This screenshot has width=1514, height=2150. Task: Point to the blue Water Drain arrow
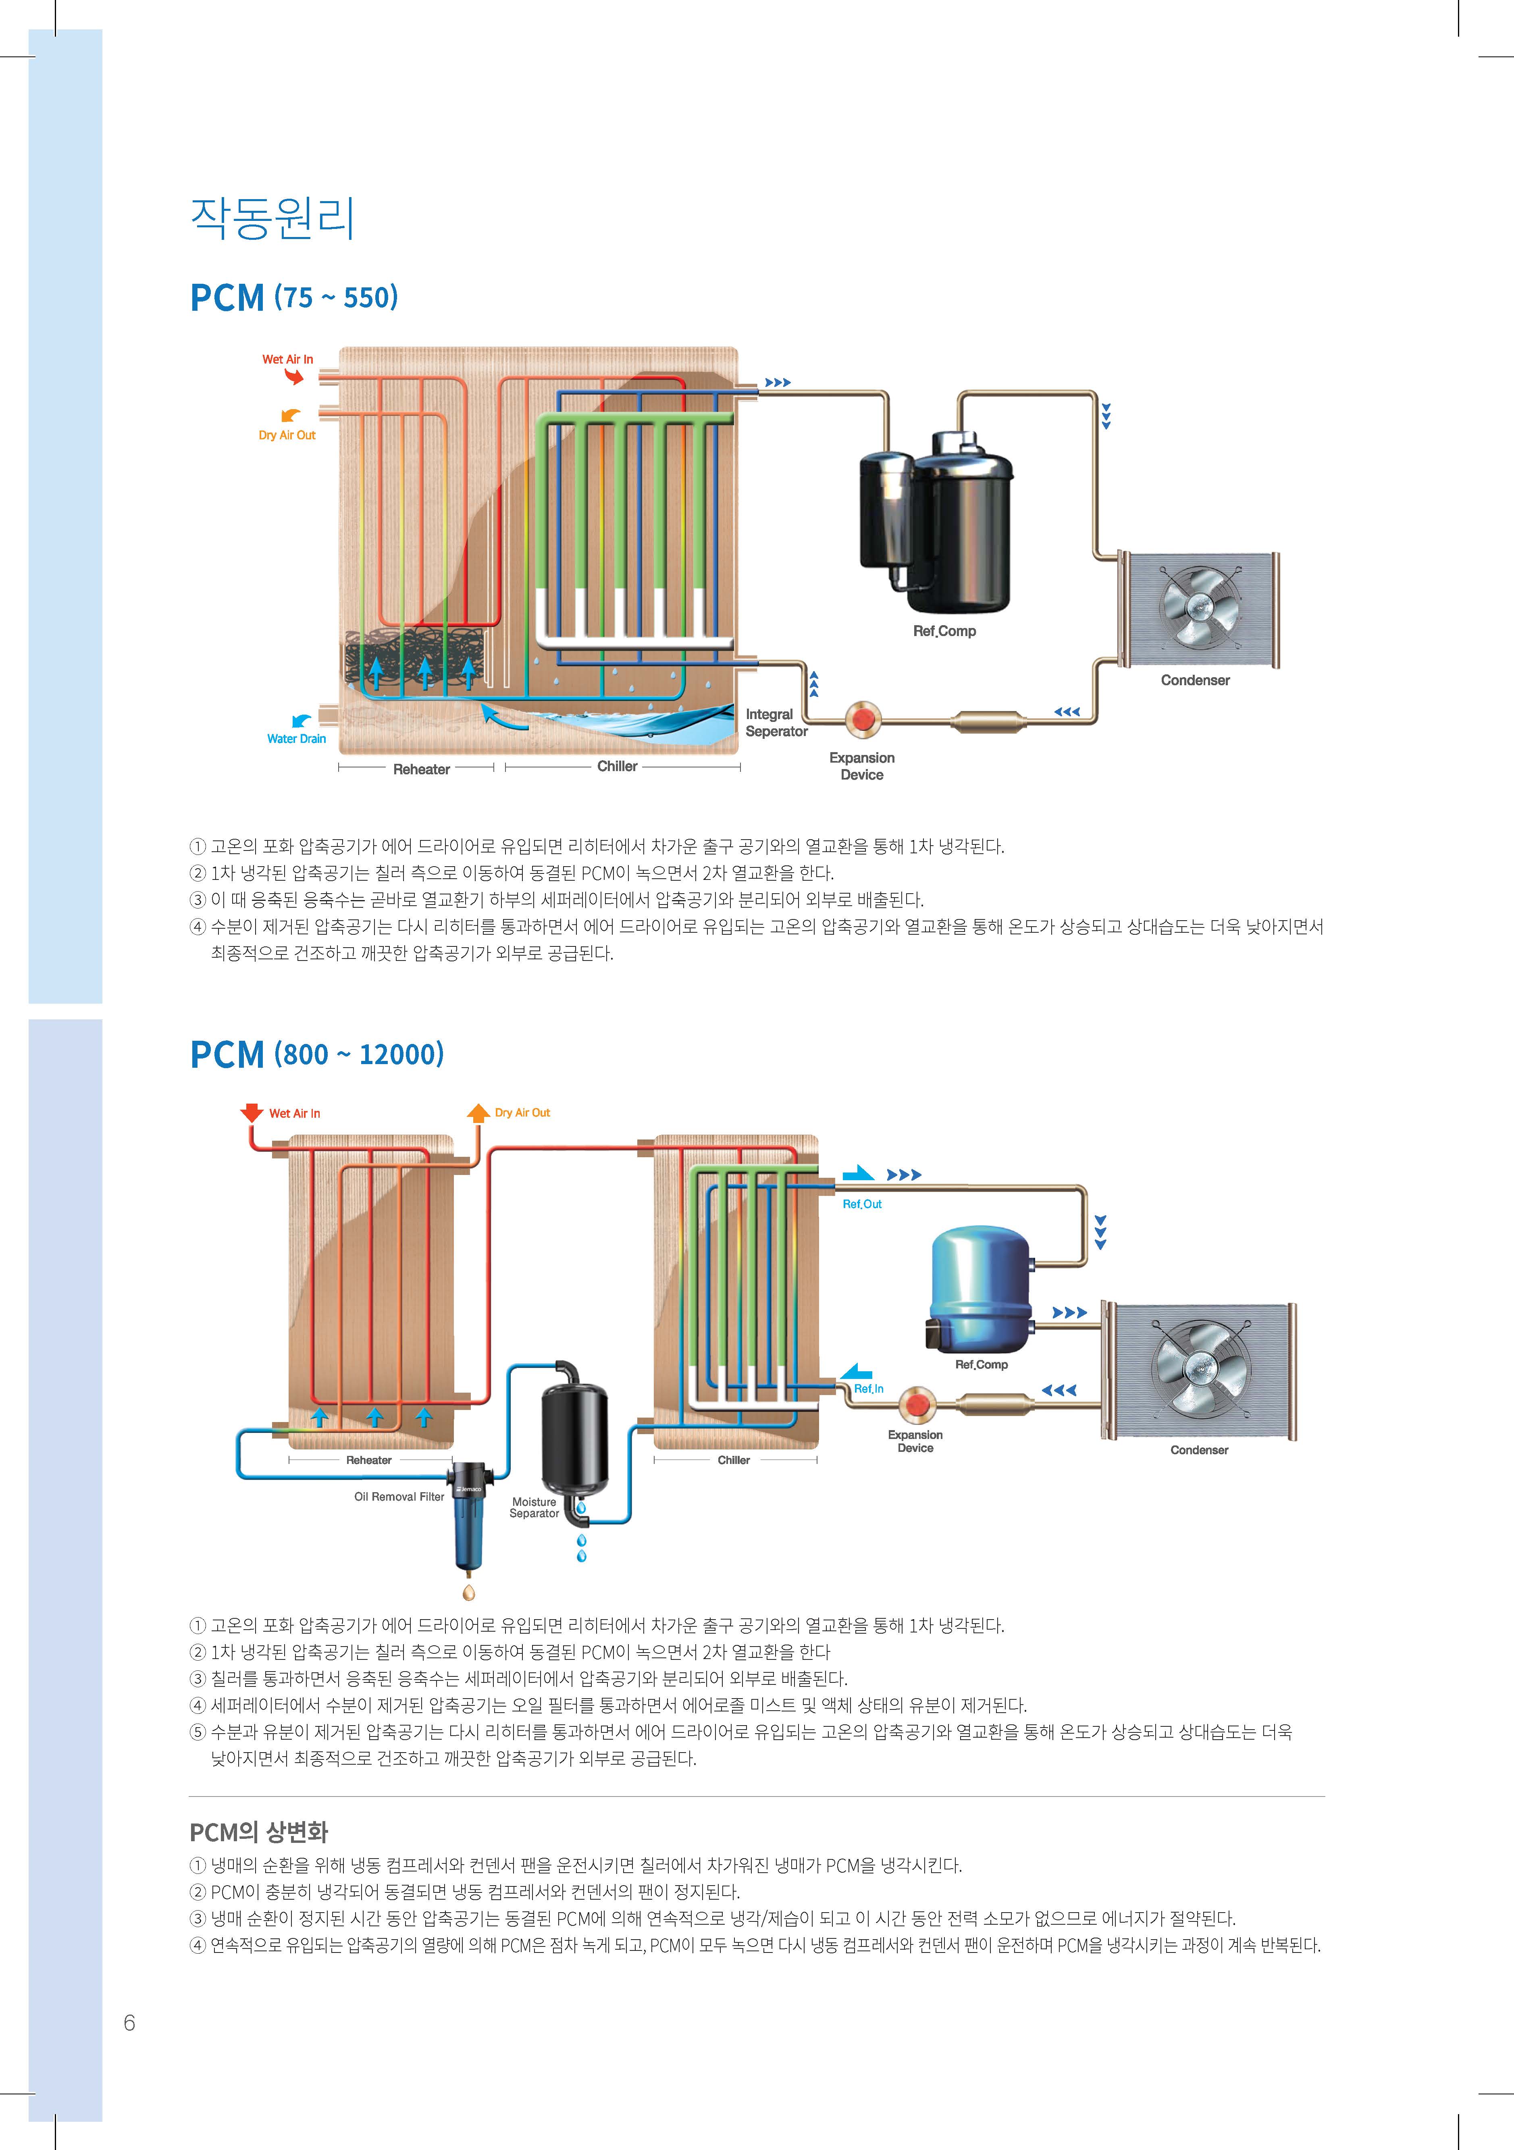302,720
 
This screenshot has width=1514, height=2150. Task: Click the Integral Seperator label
776,723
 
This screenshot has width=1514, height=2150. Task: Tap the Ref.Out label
862,1204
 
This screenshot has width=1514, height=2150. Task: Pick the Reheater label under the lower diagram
369,1460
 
